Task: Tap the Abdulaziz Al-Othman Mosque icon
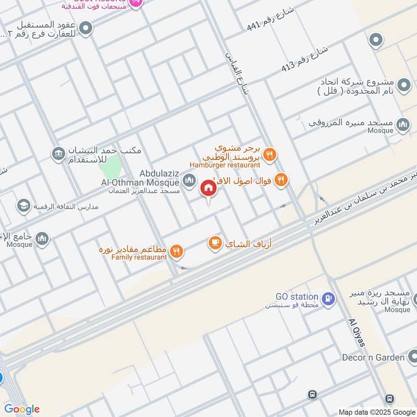pyautogui.click(x=189, y=181)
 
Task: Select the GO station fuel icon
pyautogui.click(x=328, y=298)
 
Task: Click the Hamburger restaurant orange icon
pyautogui.click(x=269, y=154)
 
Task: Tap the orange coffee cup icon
pyautogui.click(x=215, y=243)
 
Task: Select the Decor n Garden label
pyautogui.click(x=373, y=358)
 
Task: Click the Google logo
pyautogui.click(x=22, y=409)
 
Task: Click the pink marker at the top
pyautogui.click(x=136, y=3)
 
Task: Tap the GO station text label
pyautogui.click(x=297, y=297)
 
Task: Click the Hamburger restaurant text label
pyautogui.click(x=225, y=165)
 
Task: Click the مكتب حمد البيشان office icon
pyautogui.click(x=58, y=154)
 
